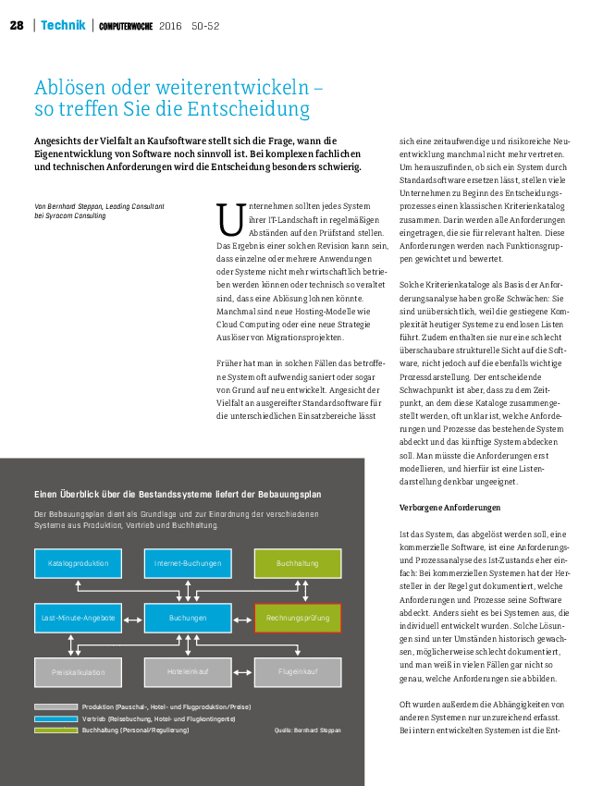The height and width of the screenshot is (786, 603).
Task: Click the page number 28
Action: pos(17,25)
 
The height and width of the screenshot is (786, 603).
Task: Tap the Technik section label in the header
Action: pos(63,25)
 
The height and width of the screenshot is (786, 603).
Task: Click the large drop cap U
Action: pos(228,220)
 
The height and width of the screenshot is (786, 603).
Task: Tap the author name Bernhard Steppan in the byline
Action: pos(76,206)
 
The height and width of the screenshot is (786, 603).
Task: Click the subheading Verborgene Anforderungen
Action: pos(449,508)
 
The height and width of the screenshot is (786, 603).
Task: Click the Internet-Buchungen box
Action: pos(188,563)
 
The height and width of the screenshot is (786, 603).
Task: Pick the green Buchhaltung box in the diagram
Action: pos(297,563)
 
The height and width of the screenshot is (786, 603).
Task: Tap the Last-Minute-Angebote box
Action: pos(79,617)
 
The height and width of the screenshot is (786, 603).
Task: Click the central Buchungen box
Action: pos(188,617)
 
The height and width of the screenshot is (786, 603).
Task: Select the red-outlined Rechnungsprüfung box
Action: pos(297,617)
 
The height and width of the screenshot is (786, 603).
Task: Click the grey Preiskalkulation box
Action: pos(79,671)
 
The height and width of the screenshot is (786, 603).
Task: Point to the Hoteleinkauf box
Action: pos(188,671)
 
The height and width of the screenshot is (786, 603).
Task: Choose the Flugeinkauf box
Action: pos(297,671)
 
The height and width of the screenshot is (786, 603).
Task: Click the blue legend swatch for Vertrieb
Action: pos(55,718)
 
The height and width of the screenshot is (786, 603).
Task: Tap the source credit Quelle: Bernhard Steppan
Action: pos(307,731)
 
